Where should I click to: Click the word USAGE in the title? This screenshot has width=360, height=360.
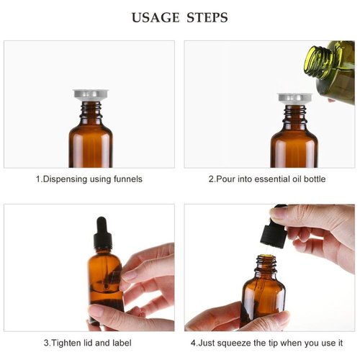(156, 17)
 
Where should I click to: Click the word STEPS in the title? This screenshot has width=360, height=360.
(207, 17)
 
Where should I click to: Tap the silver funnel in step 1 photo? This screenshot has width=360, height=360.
(91, 95)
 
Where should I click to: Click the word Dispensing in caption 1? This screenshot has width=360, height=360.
(66, 179)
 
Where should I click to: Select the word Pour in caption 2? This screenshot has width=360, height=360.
(226, 179)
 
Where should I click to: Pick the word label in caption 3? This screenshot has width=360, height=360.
(122, 343)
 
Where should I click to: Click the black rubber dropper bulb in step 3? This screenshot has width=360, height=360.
(102, 225)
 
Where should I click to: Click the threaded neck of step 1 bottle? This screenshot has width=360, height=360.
(91, 109)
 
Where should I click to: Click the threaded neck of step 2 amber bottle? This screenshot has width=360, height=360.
(294, 113)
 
